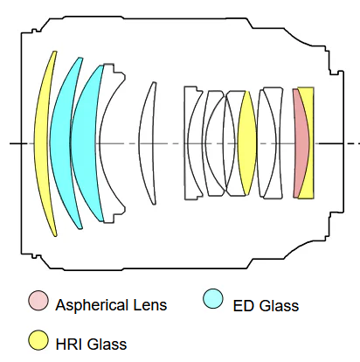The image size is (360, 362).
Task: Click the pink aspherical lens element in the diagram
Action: [300, 143]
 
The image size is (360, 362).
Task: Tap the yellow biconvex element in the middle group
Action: [247, 143]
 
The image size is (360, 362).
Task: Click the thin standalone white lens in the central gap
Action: [147, 143]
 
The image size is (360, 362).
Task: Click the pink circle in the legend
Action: [38, 300]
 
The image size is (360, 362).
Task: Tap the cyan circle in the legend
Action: [213, 298]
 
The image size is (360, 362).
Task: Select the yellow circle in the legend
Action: [38, 340]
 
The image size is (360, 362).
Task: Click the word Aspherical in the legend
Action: [92, 305]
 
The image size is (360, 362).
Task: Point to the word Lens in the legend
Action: [150, 305]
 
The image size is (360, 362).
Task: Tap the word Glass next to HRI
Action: [107, 344]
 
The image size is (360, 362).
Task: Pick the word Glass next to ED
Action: [279, 306]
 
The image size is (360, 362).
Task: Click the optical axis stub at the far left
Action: [16, 143]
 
